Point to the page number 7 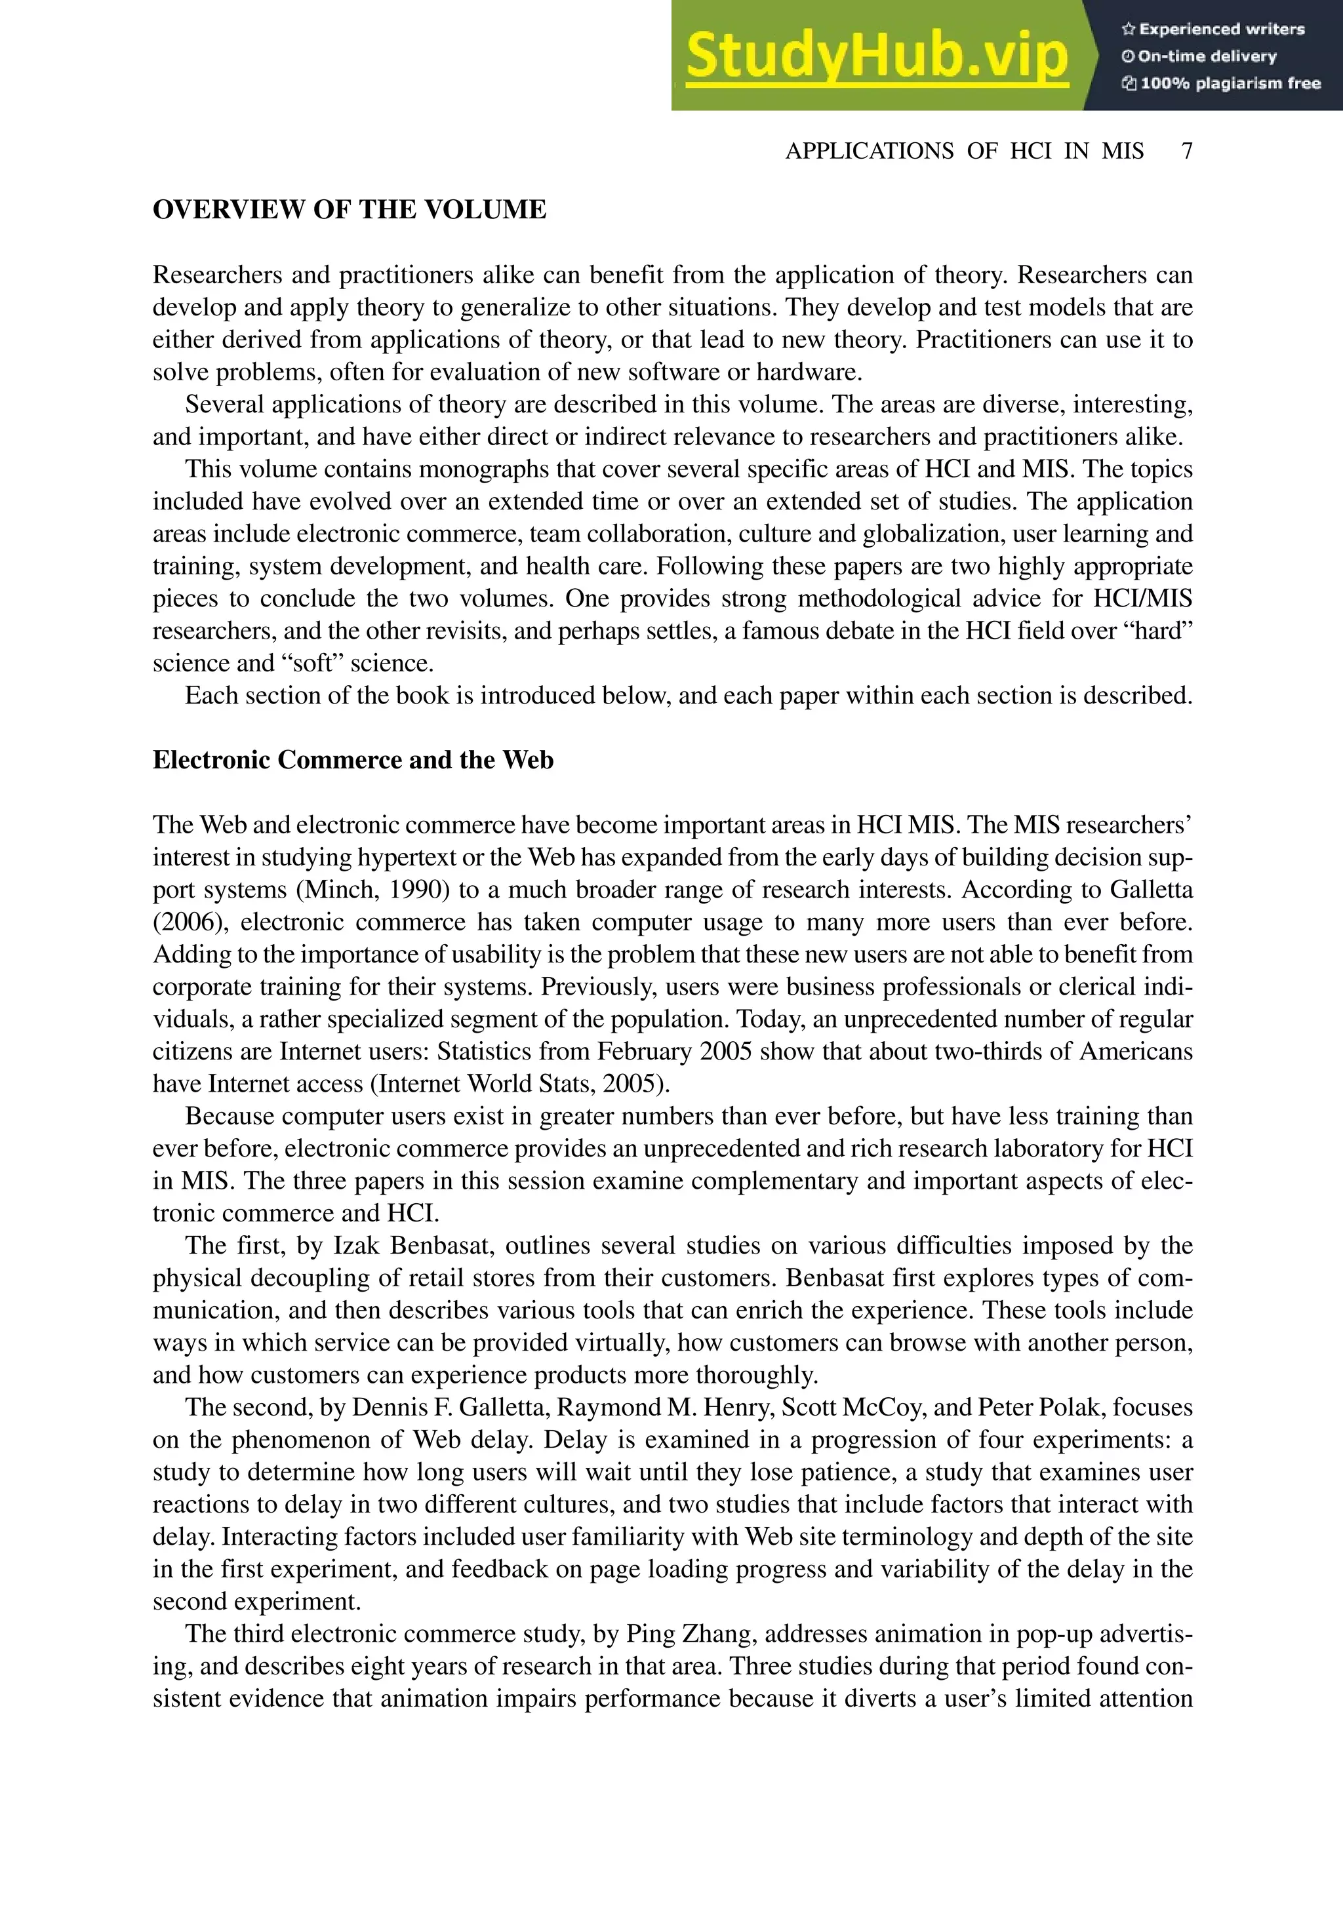(x=1186, y=151)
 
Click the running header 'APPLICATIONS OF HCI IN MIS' (x=964, y=151)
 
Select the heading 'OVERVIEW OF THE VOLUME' (x=349, y=210)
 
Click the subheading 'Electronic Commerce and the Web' (x=353, y=761)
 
